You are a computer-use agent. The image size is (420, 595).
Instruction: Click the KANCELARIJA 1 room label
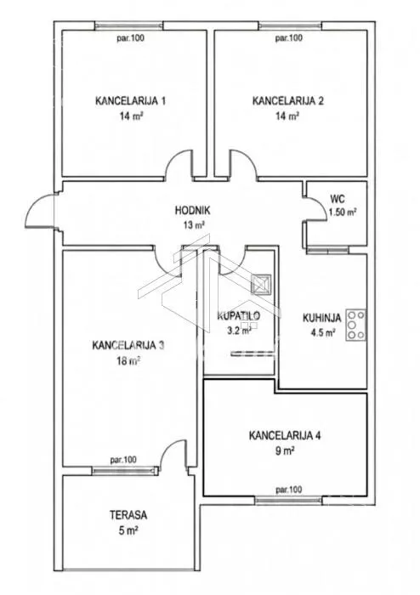(130, 101)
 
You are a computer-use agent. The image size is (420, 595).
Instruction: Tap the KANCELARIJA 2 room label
(288, 101)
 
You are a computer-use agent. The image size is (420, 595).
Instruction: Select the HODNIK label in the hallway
(192, 210)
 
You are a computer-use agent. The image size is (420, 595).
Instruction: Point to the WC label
(338, 199)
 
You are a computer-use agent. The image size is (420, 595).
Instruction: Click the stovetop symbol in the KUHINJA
(356, 325)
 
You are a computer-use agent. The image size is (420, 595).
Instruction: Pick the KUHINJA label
(321, 318)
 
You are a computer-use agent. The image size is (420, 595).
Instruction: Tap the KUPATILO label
(239, 315)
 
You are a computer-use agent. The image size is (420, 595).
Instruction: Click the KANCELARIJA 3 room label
(128, 345)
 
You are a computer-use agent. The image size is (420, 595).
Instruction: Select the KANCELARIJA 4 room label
(285, 435)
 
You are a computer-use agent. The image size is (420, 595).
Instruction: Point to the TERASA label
(128, 515)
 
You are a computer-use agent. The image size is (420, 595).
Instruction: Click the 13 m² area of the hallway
(194, 225)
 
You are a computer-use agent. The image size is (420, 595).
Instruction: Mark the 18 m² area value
(128, 360)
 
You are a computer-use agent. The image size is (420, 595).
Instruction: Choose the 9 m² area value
(286, 451)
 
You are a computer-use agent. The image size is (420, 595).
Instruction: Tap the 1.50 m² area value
(343, 212)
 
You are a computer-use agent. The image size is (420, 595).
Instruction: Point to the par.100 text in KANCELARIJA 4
(289, 490)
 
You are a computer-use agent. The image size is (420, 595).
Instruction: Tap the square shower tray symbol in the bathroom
(261, 284)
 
